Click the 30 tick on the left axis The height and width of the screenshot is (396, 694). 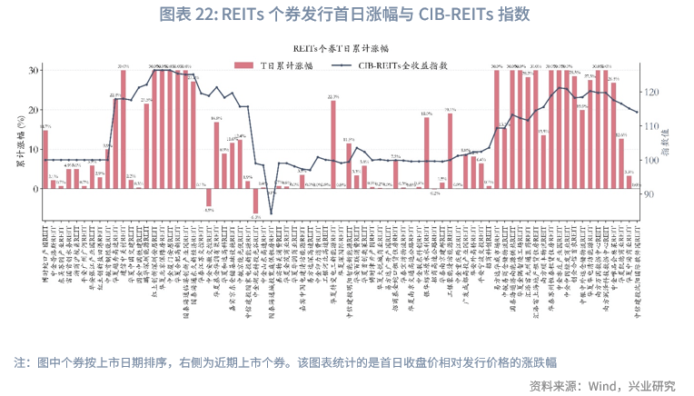point(34,70)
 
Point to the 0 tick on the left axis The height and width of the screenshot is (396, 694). point(35,188)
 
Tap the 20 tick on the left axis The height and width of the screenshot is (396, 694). point(34,110)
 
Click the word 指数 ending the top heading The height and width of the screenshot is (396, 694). point(511,15)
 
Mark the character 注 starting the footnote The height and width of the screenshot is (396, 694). point(20,361)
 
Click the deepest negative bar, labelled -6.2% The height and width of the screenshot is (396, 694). point(256,201)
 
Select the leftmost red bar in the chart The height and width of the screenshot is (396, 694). point(45,159)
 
